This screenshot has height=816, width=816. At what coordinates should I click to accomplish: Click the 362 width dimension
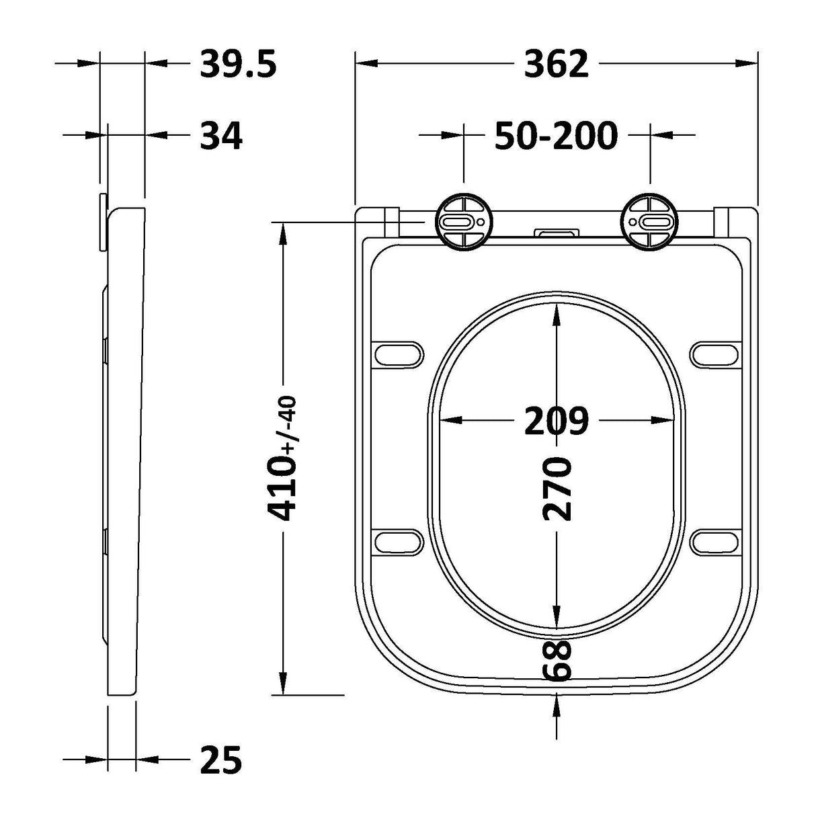point(556,64)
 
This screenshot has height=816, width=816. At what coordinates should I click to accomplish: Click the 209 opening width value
point(556,421)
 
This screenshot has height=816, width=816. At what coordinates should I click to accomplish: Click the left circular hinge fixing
point(463,222)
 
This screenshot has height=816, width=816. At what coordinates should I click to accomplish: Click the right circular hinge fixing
point(649,222)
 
